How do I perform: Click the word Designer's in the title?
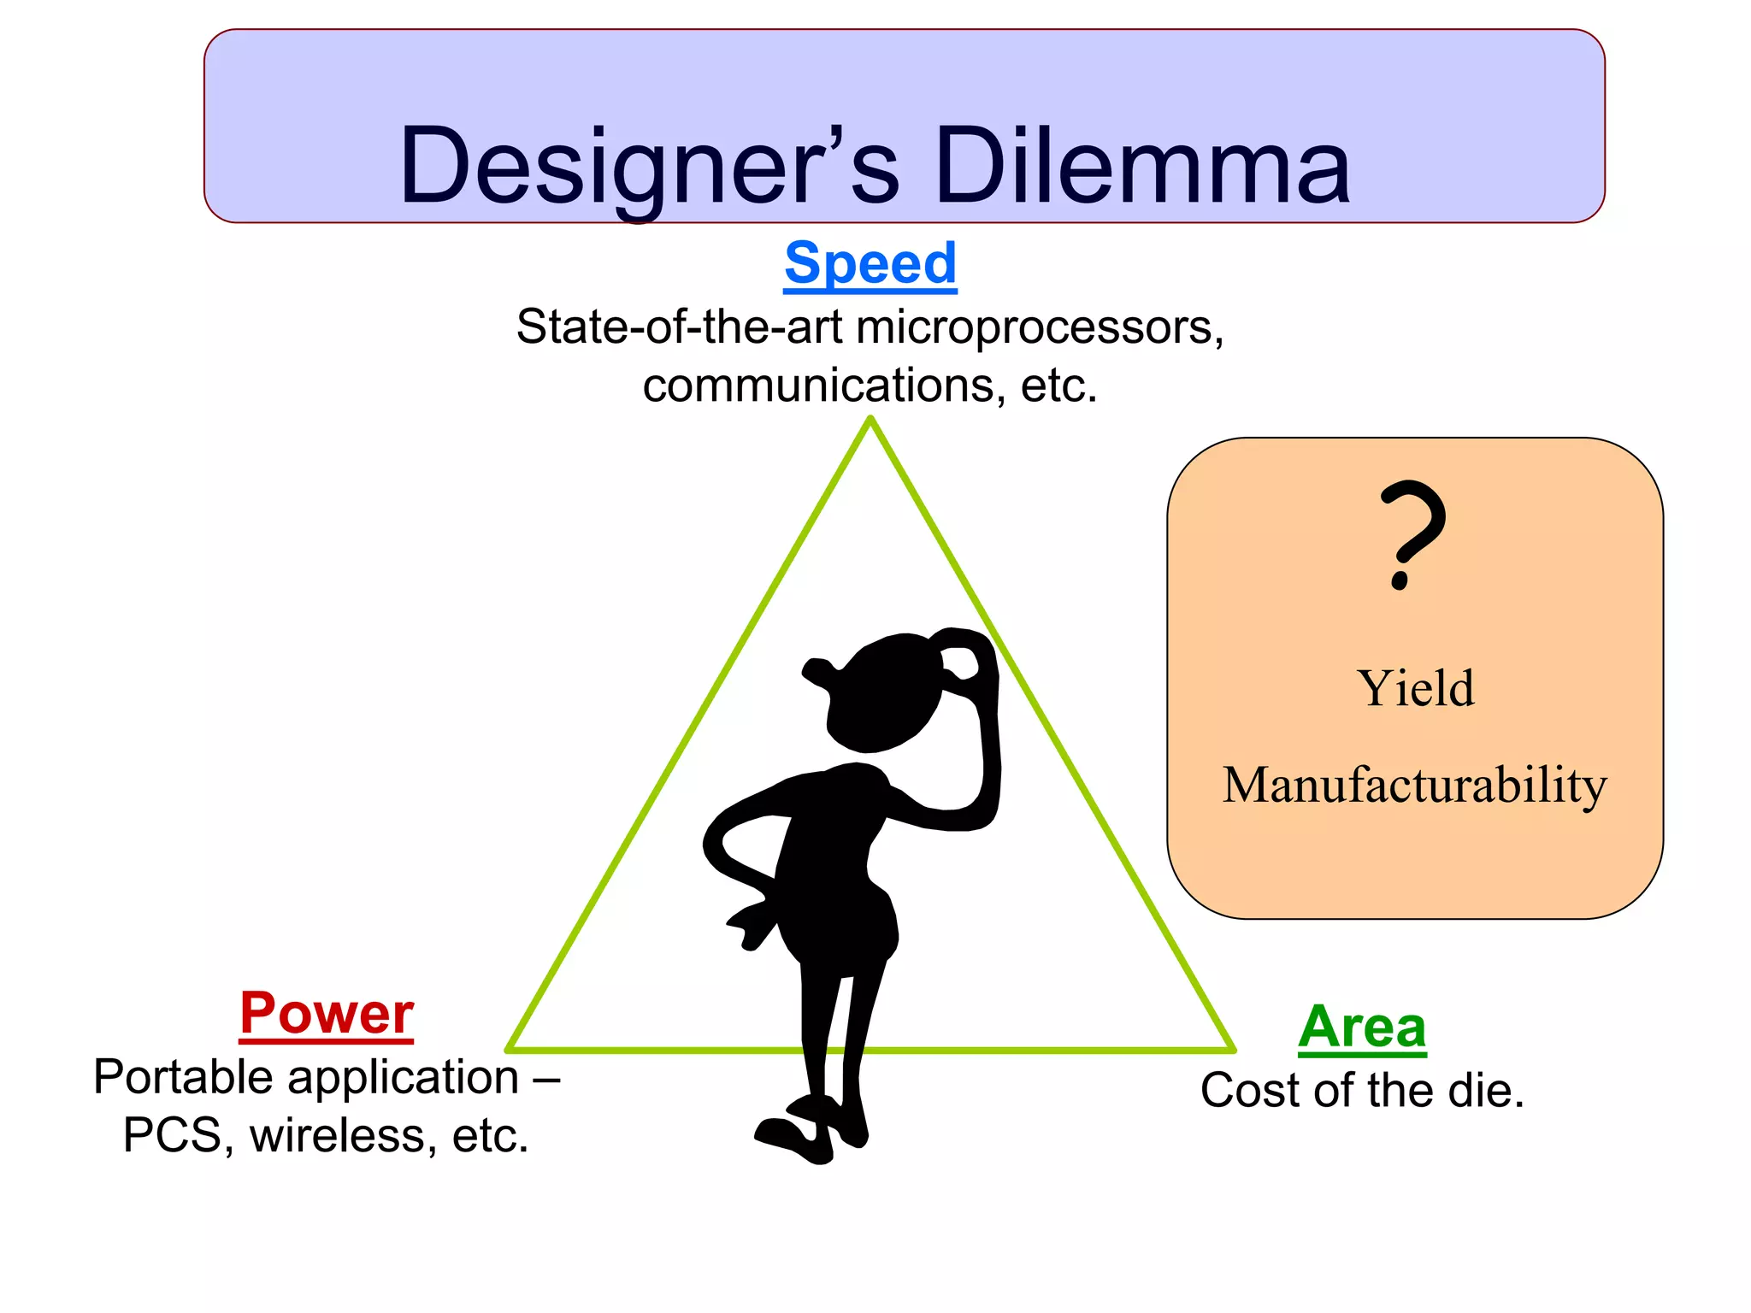pos(649,167)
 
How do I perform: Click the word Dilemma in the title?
pos(1142,167)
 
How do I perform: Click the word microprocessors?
pos(1039,327)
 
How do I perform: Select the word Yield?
pos(1415,688)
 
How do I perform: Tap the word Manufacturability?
pos(1415,785)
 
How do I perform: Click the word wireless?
pos(342,1136)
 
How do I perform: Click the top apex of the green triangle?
pos(870,419)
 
